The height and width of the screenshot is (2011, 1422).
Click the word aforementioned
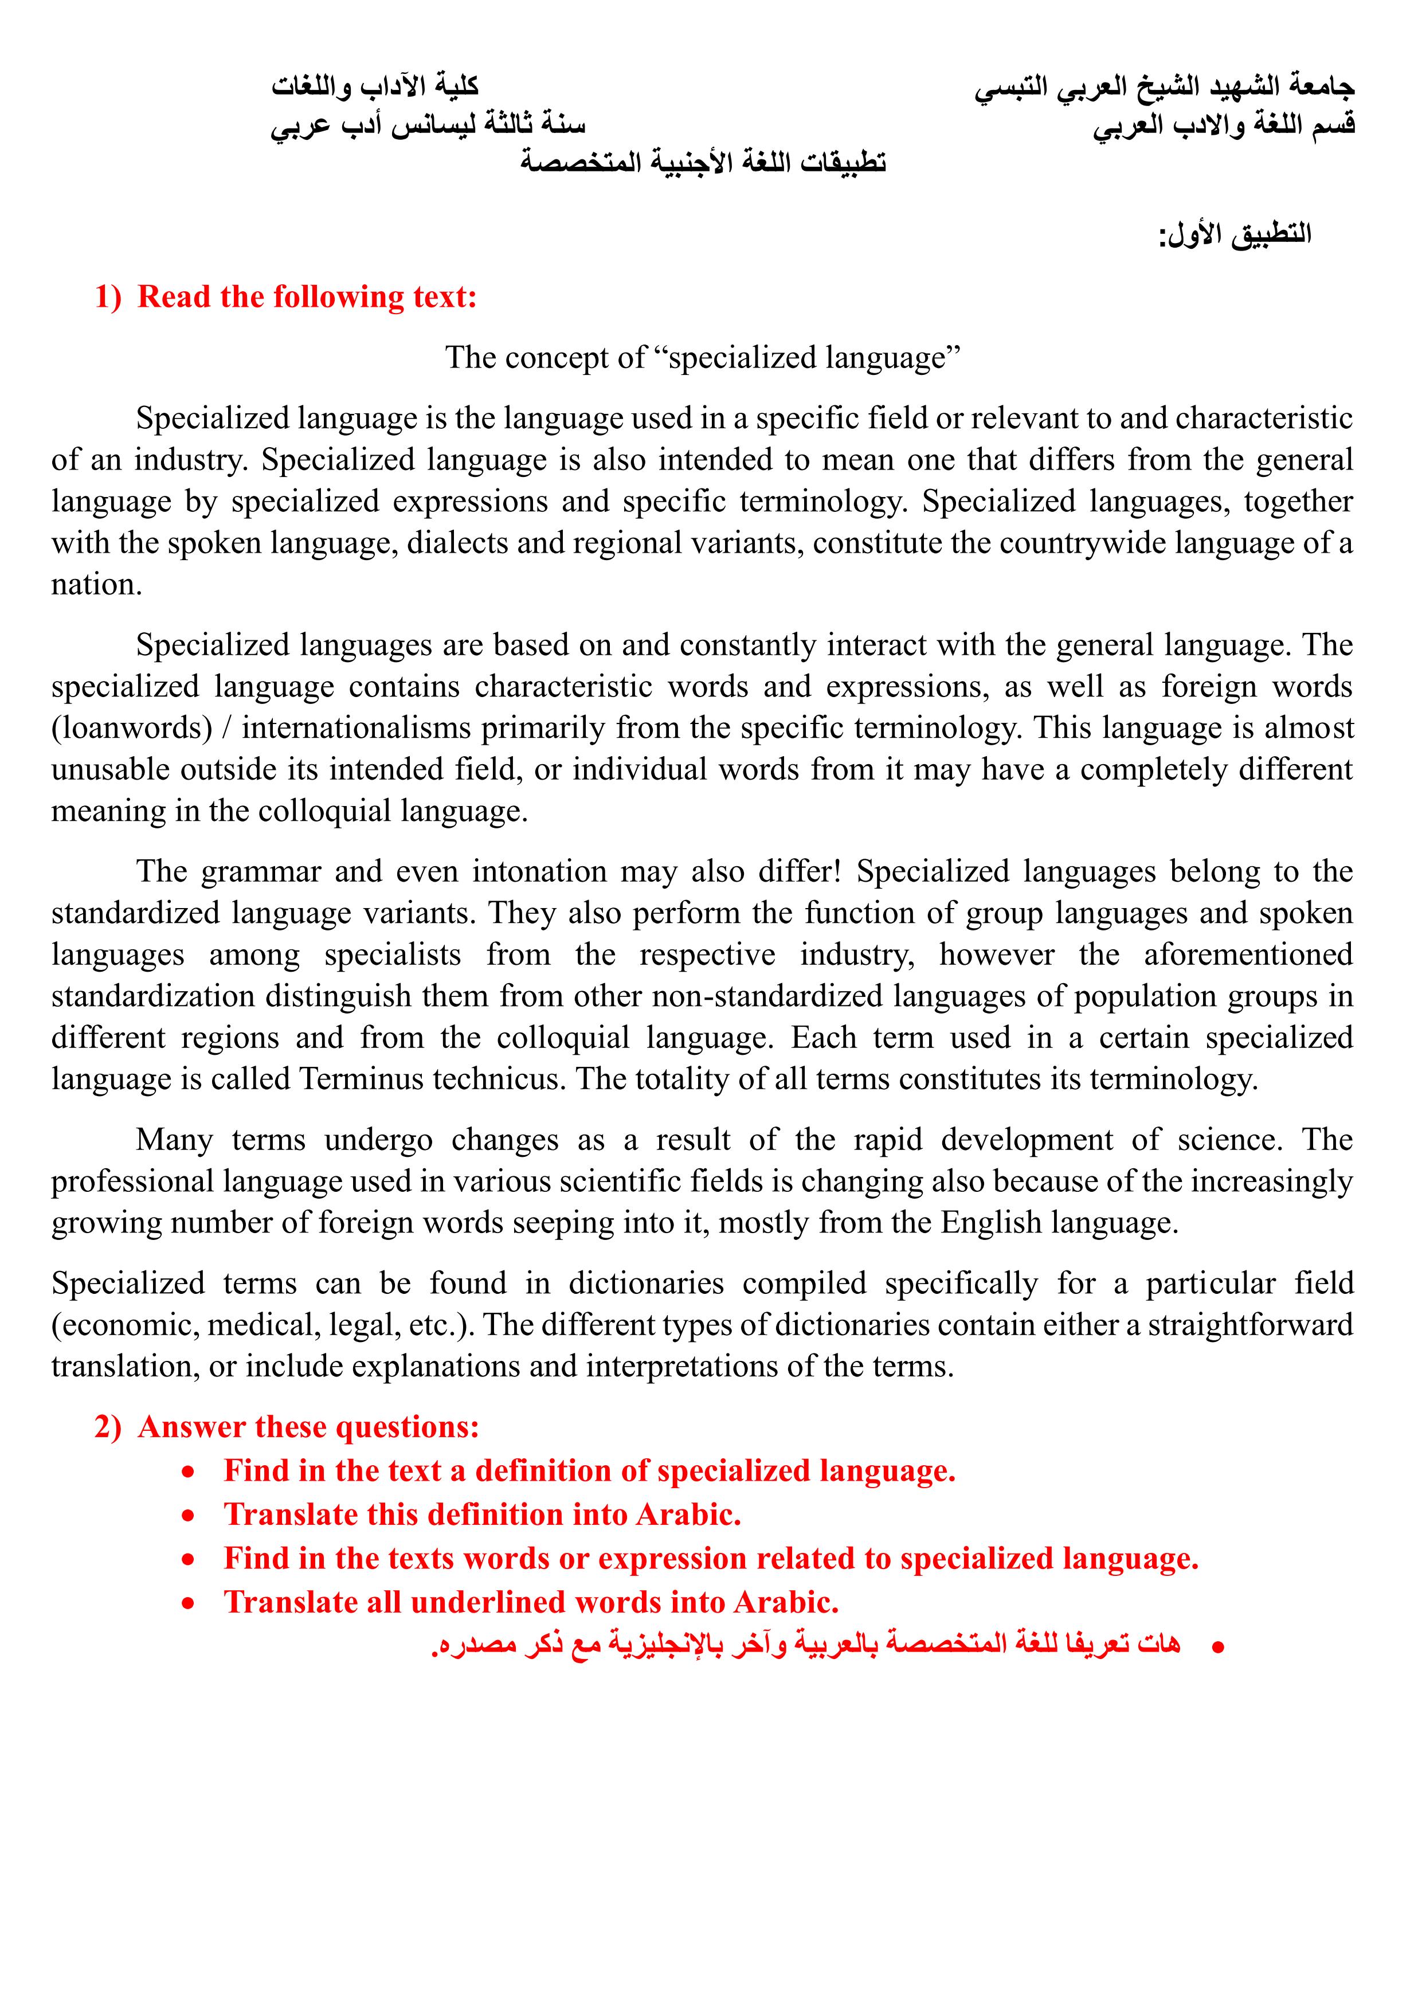pyautogui.click(x=1248, y=954)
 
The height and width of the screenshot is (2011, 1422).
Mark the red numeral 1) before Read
pyautogui.click(x=108, y=297)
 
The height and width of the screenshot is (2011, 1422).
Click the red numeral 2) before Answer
pyautogui.click(x=108, y=1427)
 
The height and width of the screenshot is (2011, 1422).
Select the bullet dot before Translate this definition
pyautogui.click(x=188, y=1516)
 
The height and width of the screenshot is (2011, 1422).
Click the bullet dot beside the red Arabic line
pyautogui.click(x=1217, y=1648)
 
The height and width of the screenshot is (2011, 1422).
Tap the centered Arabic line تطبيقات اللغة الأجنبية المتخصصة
pyautogui.click(x=703, y=162)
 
